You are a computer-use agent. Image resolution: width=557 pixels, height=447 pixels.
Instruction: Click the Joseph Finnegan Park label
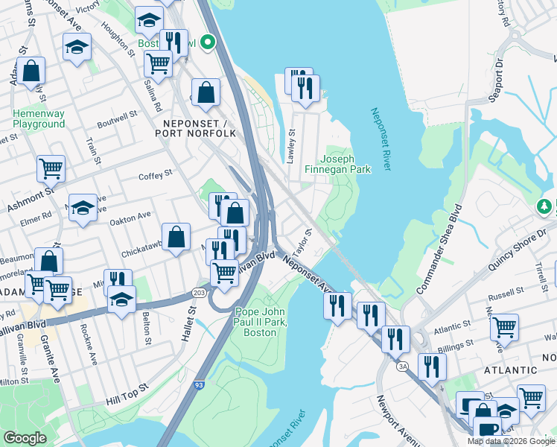(337, 164)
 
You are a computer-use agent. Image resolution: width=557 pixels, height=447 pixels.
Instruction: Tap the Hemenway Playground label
(38, 119)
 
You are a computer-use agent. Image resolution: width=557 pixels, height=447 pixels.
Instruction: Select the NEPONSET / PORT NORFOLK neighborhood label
(195, 127)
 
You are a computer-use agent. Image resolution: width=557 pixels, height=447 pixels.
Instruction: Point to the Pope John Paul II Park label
(261, 321)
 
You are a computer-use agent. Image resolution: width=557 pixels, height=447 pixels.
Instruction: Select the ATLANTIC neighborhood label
(510, 370)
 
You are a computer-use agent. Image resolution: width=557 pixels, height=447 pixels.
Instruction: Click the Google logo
(25, 438)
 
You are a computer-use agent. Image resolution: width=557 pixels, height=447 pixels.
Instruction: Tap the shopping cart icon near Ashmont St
(51, 168)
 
